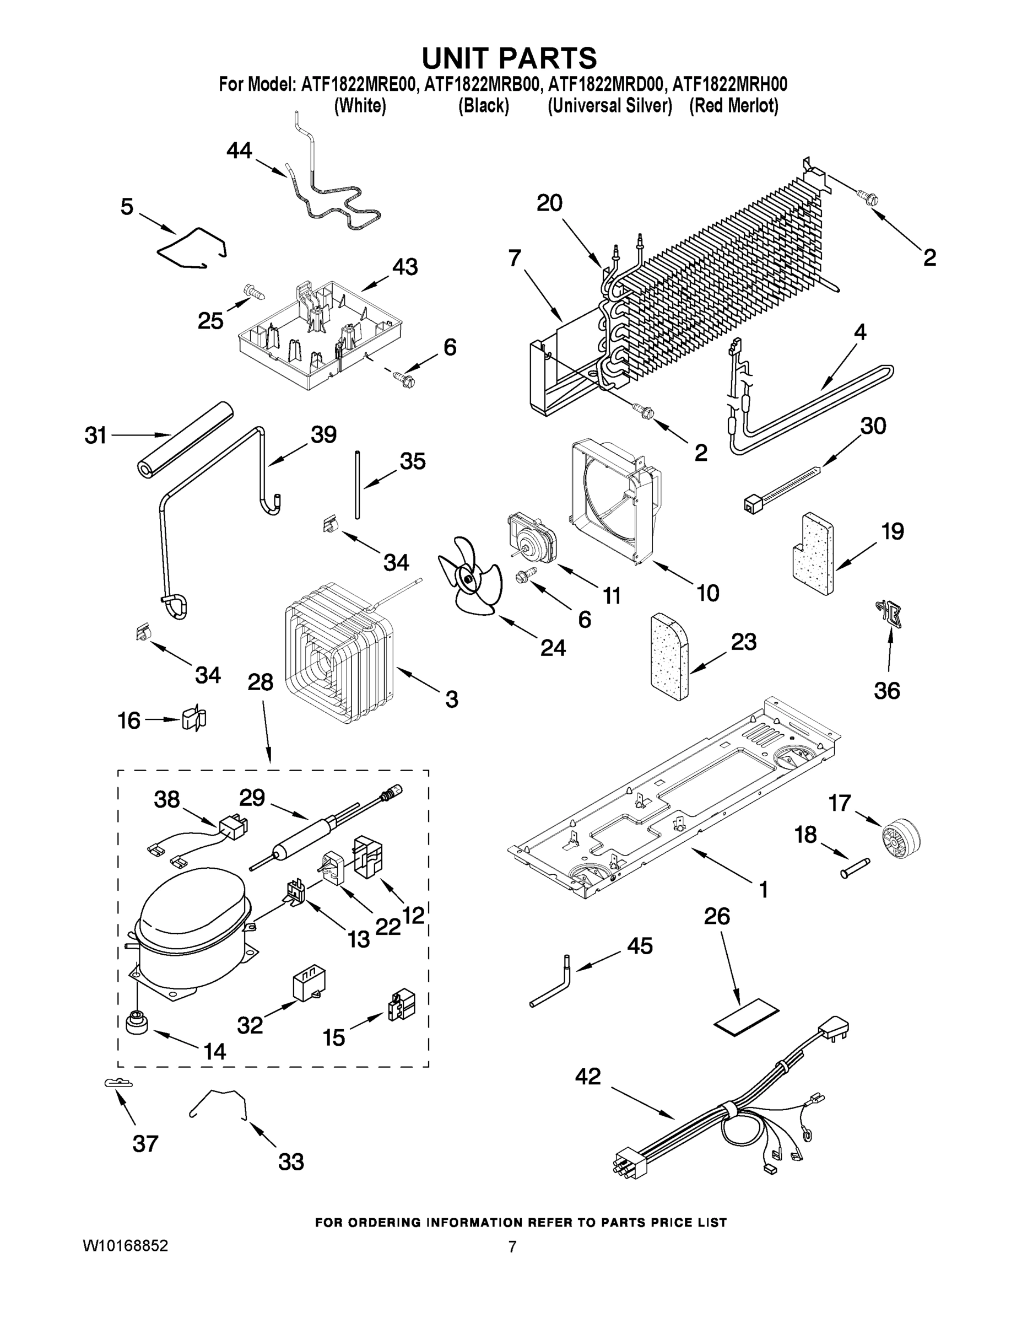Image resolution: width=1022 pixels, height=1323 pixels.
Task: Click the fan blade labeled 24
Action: pos(469,577)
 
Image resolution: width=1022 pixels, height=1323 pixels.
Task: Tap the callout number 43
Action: pos(404,267)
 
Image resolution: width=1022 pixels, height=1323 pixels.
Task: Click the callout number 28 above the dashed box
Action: pos(261,682)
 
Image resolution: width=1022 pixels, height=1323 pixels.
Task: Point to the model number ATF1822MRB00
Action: pos(482,84)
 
